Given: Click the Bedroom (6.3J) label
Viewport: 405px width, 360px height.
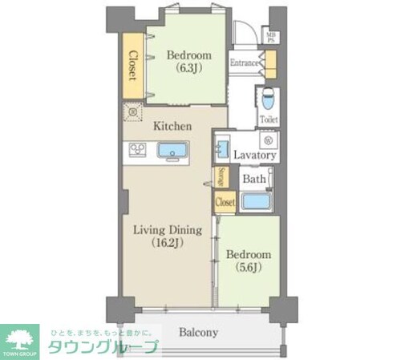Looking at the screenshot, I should pos(188,61).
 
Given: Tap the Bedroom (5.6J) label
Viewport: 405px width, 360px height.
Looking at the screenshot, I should pos(248,261).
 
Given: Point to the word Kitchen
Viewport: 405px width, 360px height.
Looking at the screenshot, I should pos(172,126).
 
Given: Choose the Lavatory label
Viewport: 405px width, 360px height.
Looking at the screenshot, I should pos(255,155).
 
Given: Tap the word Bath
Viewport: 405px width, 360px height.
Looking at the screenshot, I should pos(254,179).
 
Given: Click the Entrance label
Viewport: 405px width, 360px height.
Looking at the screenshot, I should pos(244,63).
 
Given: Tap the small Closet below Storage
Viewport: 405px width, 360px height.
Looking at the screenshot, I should pos(225,203).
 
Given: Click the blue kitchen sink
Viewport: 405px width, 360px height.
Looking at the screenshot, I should pos(172,151).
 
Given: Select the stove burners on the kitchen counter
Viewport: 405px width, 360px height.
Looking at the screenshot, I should pos(136,150).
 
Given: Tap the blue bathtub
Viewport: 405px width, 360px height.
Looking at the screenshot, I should pos(255,200).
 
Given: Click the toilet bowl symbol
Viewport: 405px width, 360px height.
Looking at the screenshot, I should pos(269,99).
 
